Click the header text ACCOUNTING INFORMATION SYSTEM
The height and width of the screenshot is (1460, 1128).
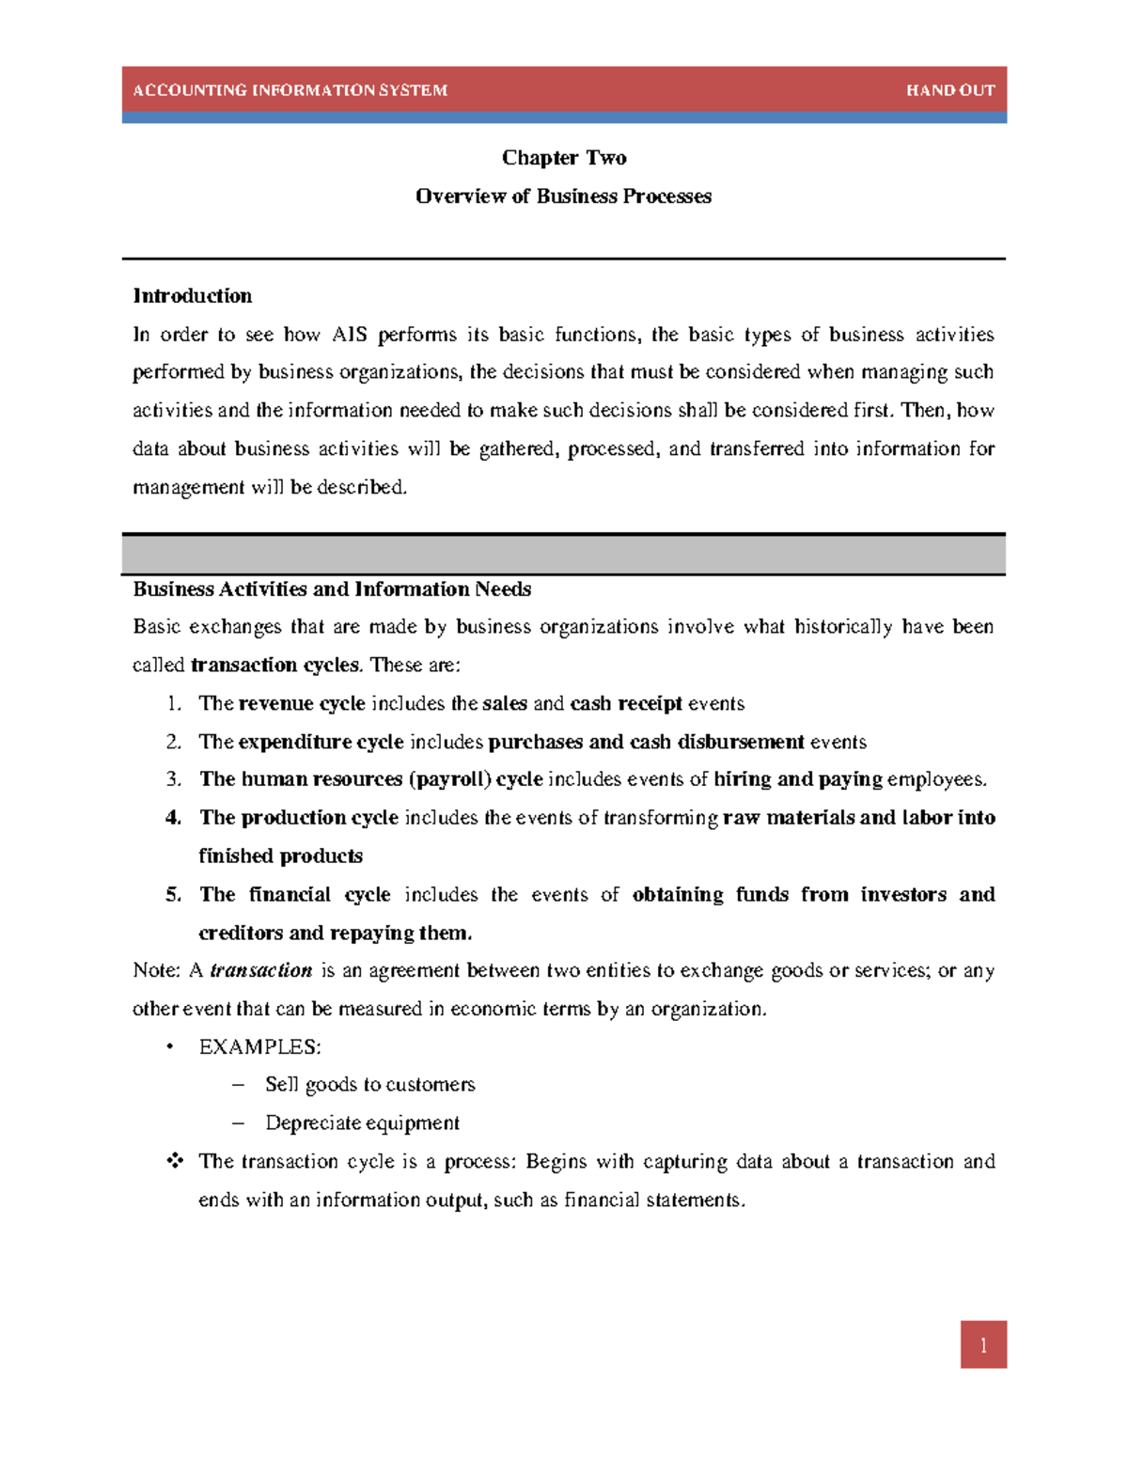tap(290, 90)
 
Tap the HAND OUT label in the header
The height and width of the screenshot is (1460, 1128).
tap(949, 90)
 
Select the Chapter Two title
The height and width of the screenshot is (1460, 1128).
tap(564, 158)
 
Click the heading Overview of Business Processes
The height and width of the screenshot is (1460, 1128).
tap(563, 196)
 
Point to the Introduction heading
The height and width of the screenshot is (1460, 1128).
tap(193, 296)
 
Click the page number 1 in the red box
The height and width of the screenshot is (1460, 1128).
tap(983, 1345)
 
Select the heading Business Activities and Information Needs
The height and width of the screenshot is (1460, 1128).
tap(332, 589)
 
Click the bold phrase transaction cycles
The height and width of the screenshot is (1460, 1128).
tap(274, 666)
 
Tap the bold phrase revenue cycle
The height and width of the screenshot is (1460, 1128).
tap(302, 704)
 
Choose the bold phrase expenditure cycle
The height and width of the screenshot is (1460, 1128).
tap(321, 743)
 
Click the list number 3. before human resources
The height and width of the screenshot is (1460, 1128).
tap(173, 779)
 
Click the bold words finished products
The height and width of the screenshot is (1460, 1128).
tap(280, 856)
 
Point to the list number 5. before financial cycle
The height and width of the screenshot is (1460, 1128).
tap(173, 895)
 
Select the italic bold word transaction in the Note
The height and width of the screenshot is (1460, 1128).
tap(260, 970)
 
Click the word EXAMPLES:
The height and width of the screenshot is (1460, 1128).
tap(259, 1047)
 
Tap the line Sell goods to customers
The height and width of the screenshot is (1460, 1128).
tap(369, 1085)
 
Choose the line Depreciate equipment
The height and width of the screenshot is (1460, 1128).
tap(362, 1123)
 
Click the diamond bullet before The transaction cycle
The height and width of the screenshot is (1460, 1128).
tap(174, 1161)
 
